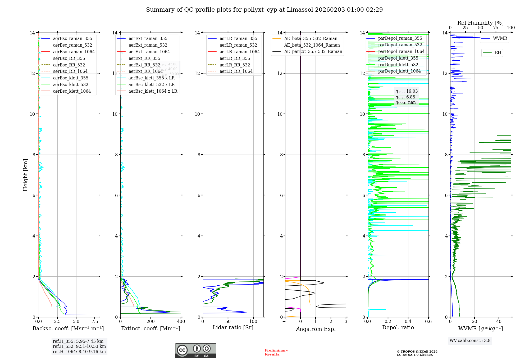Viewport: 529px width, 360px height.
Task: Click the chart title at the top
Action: tap(264, 10)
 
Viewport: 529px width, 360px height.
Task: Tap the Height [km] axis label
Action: tap(25, 175)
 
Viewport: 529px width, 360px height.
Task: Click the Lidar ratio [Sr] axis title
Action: tap(233, 328)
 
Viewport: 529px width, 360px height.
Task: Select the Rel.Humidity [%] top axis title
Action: tap(480, 23)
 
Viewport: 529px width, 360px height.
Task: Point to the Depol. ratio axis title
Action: tap(398, 328)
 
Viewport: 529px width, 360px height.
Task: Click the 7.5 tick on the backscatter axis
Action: tap(95, 322)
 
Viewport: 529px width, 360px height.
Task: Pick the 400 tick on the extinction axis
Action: tap(181, 322)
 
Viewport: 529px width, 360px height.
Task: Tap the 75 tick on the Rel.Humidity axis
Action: tap(495, 28)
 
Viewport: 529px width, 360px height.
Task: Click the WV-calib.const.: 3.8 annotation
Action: tap(470, 341)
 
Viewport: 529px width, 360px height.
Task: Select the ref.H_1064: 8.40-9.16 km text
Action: tap(79, 352)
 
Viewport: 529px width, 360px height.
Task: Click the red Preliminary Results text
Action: tap(276, 352)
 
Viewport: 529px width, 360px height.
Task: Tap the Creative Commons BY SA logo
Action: tap(195, 350)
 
